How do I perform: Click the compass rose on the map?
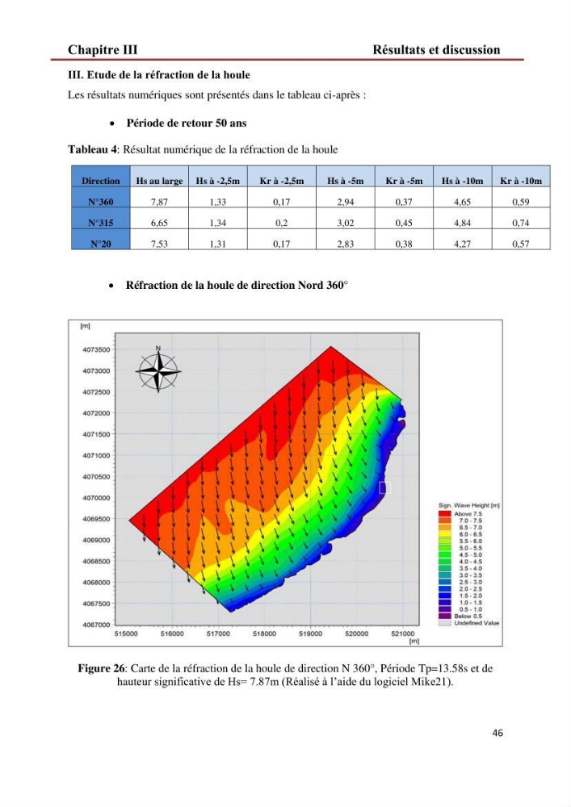(158, 370)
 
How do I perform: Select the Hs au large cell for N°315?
(159, 223)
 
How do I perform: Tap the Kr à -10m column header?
(521, 181)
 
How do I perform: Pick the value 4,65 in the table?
(462, 202)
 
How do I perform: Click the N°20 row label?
(100, 244)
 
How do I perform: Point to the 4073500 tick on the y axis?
(96, 349)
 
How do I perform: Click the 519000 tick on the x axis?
(310, 633)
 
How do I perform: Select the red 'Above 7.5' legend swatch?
(444, 513)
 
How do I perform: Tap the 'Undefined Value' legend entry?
(469, 623)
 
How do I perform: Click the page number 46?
(498, 733)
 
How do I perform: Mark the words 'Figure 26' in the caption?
(101, 668)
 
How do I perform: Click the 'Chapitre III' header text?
(103, 49)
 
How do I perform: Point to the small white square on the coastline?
(384, 487)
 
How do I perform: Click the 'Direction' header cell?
(100, 181)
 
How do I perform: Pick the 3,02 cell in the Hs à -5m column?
(346, 223)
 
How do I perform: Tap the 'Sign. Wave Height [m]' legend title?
(469, 505)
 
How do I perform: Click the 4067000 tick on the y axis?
(96, 625)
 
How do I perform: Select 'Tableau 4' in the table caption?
(92, 149)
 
